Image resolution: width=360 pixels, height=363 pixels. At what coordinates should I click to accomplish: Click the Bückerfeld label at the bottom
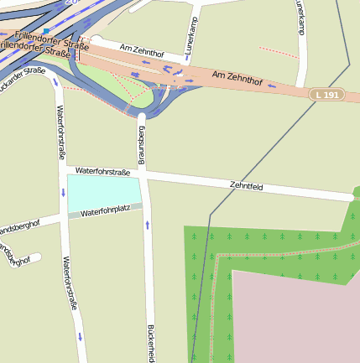[x=151, y=342]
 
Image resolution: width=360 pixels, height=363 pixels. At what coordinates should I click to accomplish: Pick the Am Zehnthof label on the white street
[x=141, y=53]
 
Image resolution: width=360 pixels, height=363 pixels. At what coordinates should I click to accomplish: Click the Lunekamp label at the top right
[x=300, y=17]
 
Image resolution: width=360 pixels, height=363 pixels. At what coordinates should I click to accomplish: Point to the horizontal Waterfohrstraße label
[x=102, y=171]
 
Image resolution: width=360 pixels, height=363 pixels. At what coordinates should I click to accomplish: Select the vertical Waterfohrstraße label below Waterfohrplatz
[x=70, y=285]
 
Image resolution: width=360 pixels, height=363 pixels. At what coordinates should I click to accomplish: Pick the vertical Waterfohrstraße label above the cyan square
[x=60, y=132]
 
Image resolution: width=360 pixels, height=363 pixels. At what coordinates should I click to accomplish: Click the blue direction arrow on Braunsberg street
[x=148, y=224]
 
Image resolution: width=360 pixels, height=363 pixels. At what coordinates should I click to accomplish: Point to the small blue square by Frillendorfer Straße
[x=46, y=29]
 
